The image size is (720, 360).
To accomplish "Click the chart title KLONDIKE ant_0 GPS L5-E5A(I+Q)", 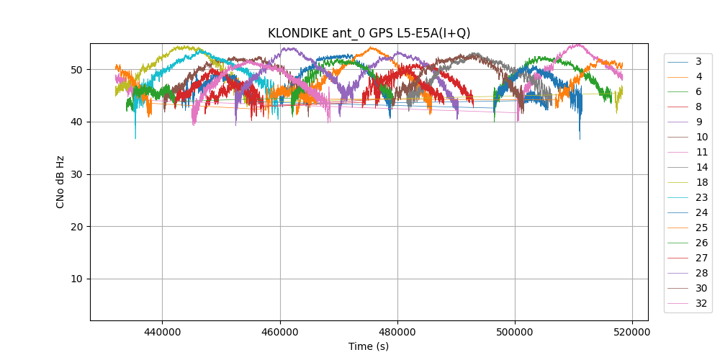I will tap(369, 33).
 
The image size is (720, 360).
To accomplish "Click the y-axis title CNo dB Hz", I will tap(60, 181).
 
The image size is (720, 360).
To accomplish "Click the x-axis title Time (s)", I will tap(369, 346).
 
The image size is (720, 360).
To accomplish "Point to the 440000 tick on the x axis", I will tap(162, 332).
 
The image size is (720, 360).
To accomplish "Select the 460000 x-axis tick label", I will tap(280, 332).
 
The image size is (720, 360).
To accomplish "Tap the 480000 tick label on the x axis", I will tap(397, 332).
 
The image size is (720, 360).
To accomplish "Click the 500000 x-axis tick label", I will tap(516, 332).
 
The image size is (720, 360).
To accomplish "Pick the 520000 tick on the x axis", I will tap(633, 332).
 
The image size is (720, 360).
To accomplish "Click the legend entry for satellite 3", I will tap(698, 61).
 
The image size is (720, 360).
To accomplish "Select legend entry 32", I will tap(701, 303).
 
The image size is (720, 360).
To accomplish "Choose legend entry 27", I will tap(701, 258).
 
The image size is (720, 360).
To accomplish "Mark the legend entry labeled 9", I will tap(698, 122).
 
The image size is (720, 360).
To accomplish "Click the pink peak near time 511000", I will tap(578, 45).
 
